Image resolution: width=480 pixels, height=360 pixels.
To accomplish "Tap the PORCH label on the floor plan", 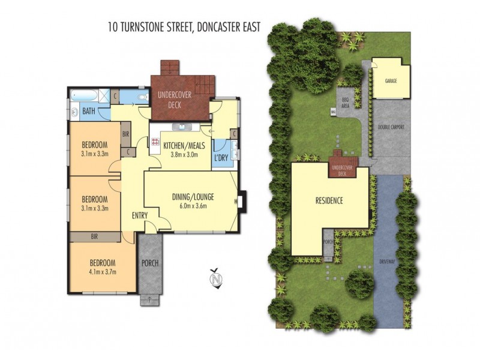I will (x=150, y=262).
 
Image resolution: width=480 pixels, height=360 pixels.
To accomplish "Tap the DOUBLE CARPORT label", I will (x=390, y=127).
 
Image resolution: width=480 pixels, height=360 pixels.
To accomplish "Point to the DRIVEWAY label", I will (x=388, y=262).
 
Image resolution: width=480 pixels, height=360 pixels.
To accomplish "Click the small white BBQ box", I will (x=332, y=112).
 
